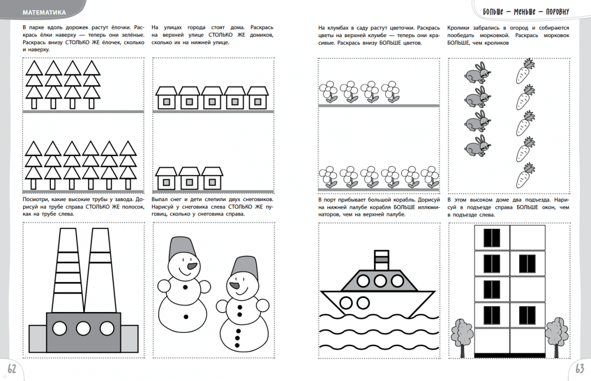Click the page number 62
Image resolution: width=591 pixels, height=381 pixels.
(12, 368)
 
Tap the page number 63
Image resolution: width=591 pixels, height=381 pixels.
(580, 368)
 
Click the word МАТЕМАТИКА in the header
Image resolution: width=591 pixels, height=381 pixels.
(44, 13)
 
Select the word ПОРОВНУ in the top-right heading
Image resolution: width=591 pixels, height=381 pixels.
(558, 11)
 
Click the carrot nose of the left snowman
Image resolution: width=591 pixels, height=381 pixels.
(192, 266)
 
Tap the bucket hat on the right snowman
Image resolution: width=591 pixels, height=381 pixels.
(245, 267)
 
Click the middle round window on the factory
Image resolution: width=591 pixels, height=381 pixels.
(83, 329)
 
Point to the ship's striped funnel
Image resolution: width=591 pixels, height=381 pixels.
(381, 260)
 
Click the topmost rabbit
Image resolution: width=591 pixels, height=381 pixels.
(477, 73)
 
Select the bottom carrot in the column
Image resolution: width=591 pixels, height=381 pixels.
(525, 175)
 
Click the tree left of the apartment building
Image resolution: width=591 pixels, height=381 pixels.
(462, 337)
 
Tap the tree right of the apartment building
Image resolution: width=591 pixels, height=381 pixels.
(557, 337)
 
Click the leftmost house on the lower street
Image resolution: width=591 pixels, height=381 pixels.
(166, 178)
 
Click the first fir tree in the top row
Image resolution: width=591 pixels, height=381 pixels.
(34, 85)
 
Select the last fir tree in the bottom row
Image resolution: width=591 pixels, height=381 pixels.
(128, 165)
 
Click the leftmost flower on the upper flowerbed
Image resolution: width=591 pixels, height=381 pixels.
(329, 91)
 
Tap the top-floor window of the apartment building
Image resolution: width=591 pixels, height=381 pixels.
(491, 238)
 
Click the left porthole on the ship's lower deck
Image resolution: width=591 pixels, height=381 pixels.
(346, 303)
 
